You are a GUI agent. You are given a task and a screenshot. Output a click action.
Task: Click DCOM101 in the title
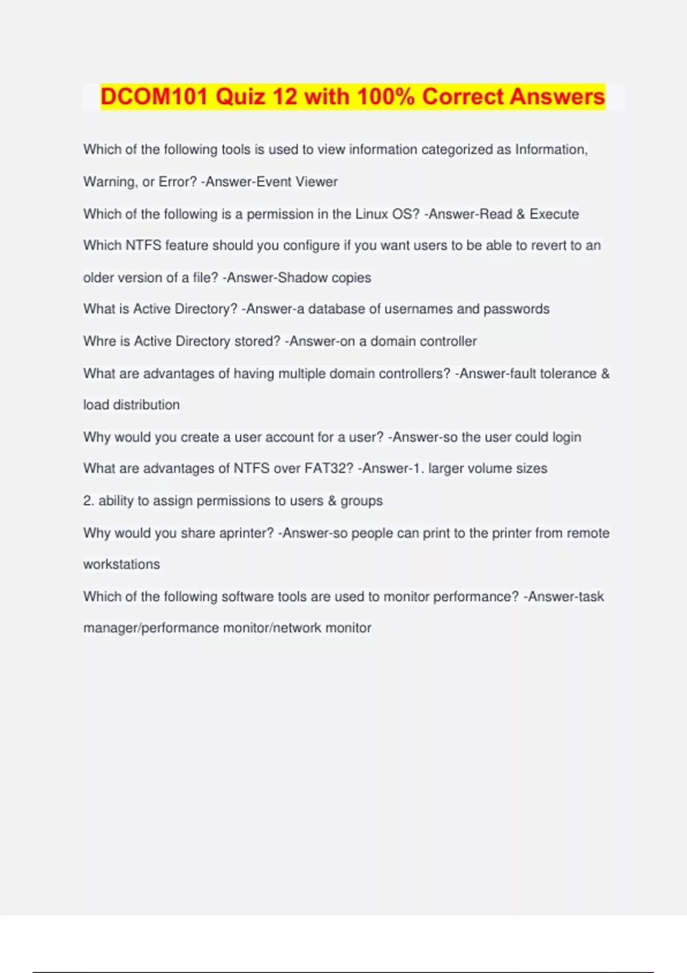pos(154,96)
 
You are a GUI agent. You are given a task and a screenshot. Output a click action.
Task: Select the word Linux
pos(372,214)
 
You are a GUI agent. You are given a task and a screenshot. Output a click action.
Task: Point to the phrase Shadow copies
pos(323,278)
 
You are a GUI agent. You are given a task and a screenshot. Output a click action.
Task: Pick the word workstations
pos(121,564)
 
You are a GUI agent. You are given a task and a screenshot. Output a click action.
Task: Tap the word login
pos(566,437)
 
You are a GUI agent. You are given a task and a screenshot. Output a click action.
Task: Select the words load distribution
pos(131,405)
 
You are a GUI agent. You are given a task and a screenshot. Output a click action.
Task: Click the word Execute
pos(554,214)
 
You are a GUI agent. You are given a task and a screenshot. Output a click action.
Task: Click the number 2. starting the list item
pos(89,501)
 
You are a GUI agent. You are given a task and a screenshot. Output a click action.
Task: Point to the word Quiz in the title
pos(240,96)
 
